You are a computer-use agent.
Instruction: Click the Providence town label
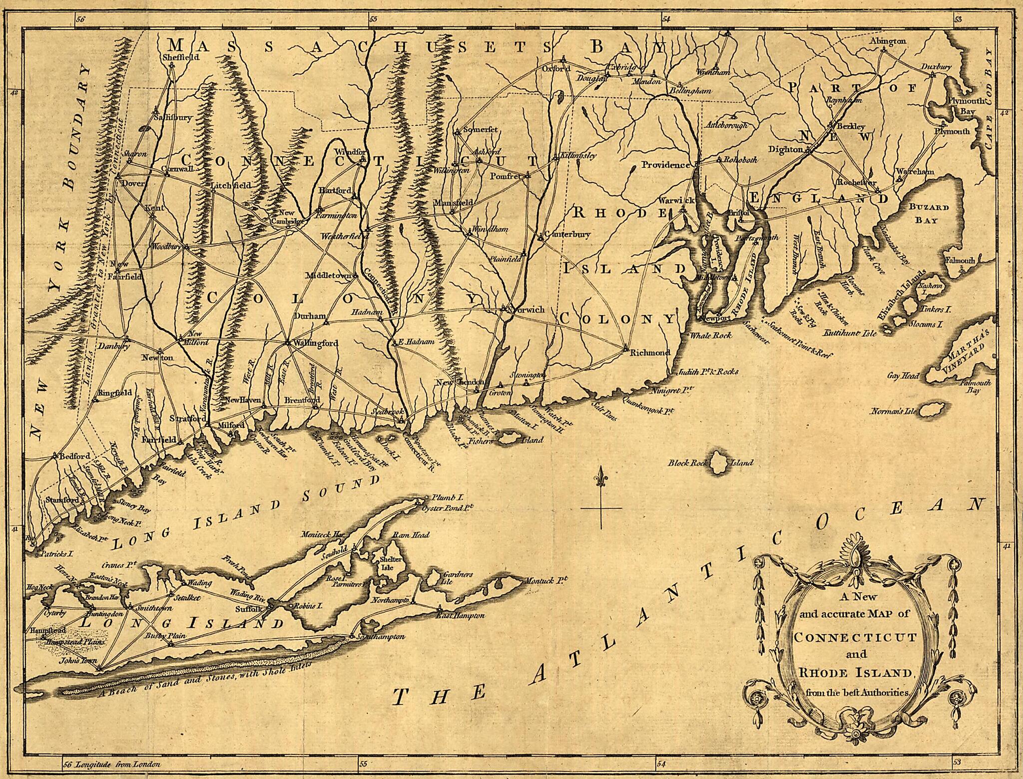click(665, 165)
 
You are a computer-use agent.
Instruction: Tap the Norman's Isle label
click(893, 412)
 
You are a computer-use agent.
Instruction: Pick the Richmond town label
click(649, 353)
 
